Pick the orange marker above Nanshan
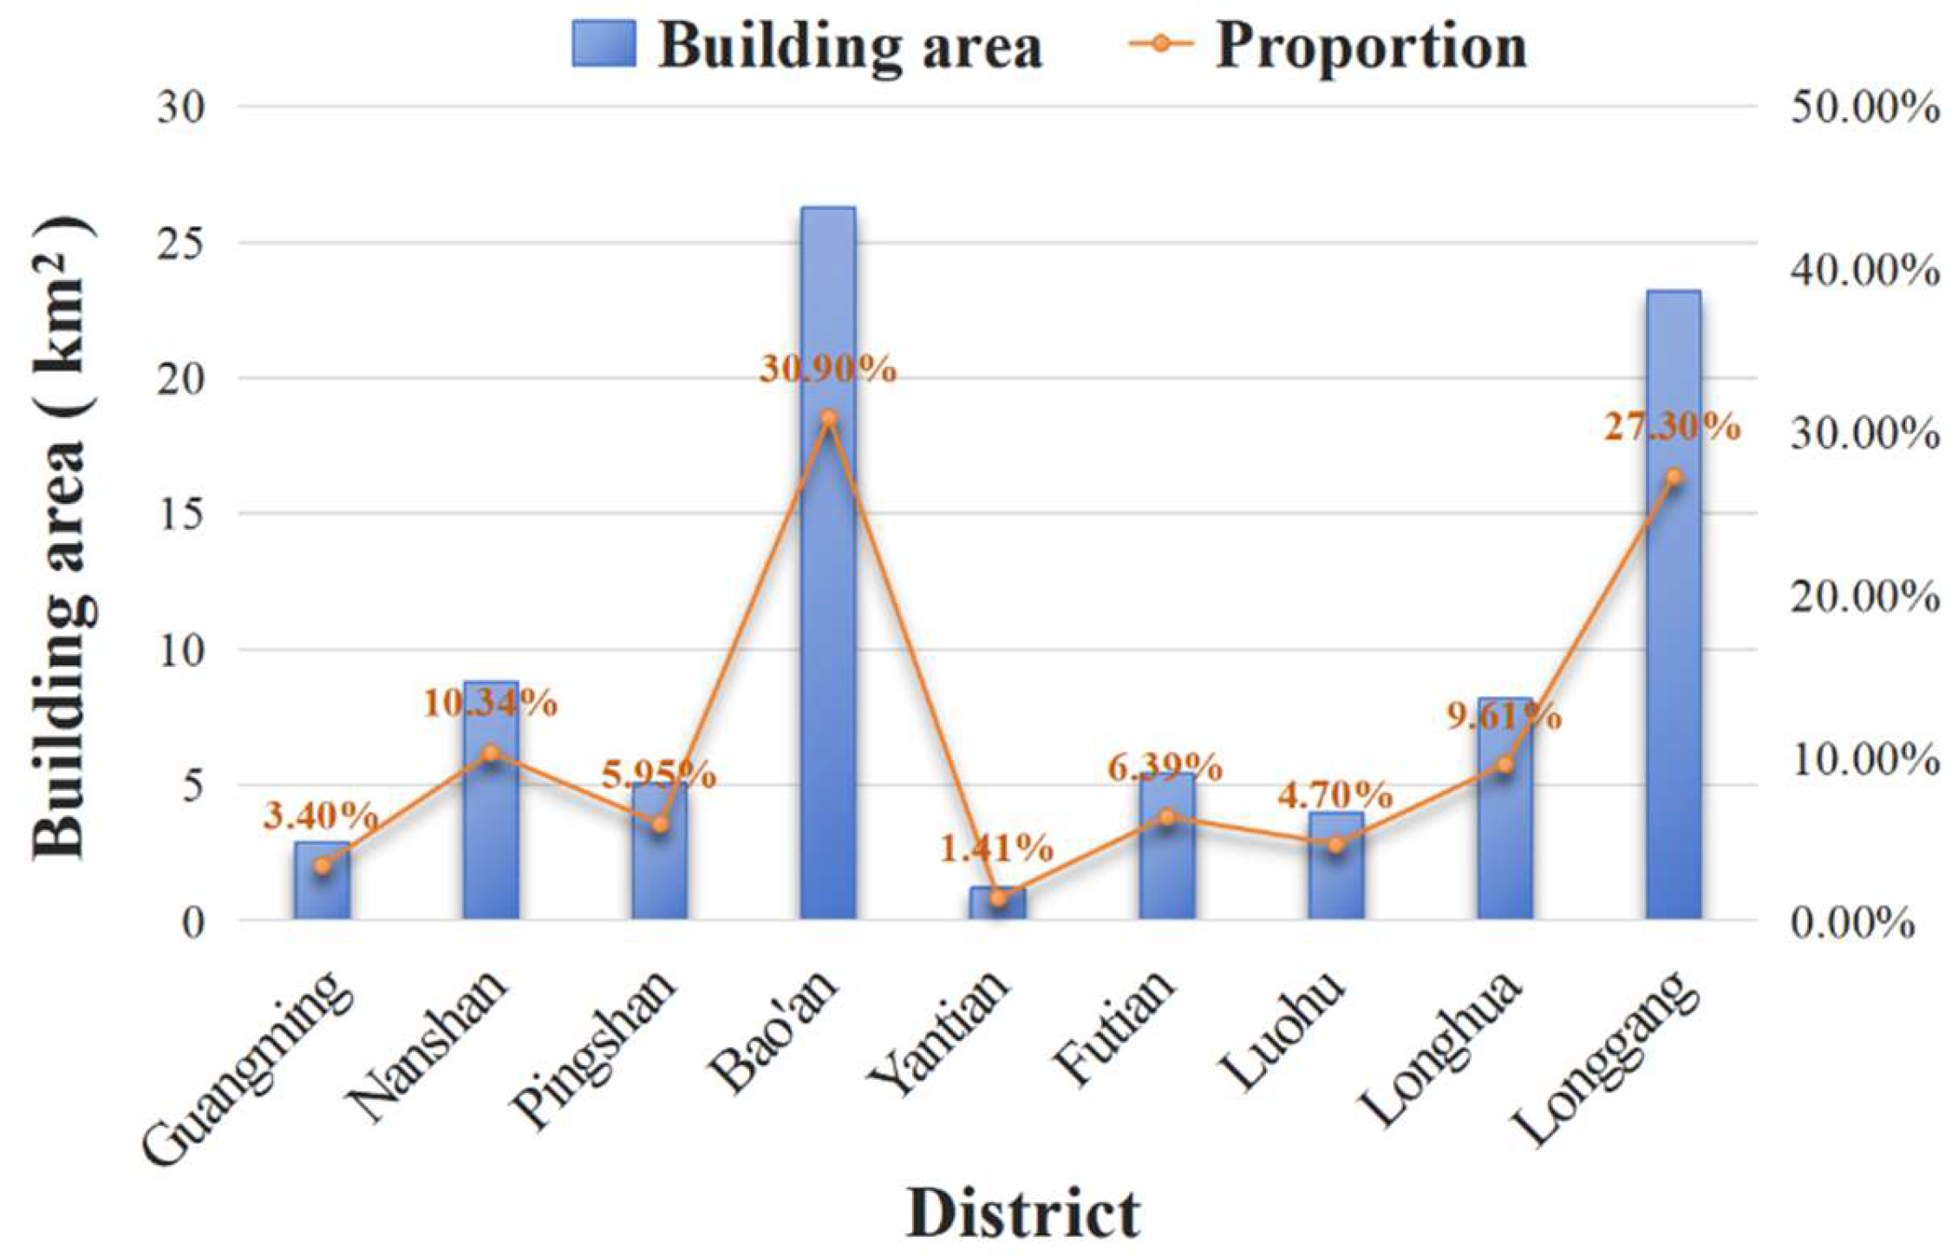coord(491,753)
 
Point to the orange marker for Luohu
coord(1336,845)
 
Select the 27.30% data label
coord(1672,428)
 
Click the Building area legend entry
coord(806,45)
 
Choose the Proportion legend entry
coord(1327,45)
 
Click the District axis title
coord(1023,1213)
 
